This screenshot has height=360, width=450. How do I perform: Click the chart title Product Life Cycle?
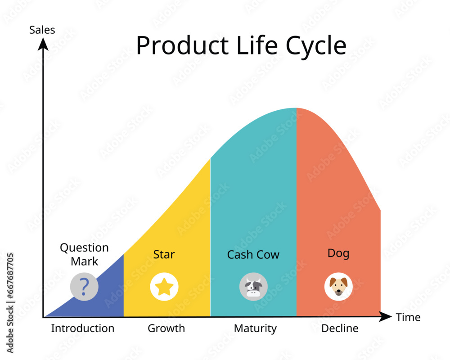click(241, 45)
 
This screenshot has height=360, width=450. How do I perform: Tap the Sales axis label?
click(42, 30)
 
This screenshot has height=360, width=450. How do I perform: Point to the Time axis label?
click(408, 317)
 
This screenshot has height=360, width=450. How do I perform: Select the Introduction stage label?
click(82, 328)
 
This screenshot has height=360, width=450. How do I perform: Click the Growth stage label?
click(166, 328)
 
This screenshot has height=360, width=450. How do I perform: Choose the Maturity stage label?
click(255, 328)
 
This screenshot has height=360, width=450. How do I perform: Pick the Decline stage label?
click(340, 328)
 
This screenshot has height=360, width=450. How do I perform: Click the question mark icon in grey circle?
click(84, 287)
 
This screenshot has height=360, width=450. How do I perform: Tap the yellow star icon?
click(164, 287)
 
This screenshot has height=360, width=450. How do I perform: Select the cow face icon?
click(253, 287)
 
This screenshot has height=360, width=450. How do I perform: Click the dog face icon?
click(338, 287)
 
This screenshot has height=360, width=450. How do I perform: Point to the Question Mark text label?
click(84, 254)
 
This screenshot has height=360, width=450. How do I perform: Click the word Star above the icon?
click(164, 254)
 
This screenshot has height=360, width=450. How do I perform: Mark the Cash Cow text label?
click(253, 255)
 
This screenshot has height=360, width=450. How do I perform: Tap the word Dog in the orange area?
click(338, 253)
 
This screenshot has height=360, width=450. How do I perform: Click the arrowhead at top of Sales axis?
click(43, 44)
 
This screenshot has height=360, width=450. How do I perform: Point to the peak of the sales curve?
click(296, 109)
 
